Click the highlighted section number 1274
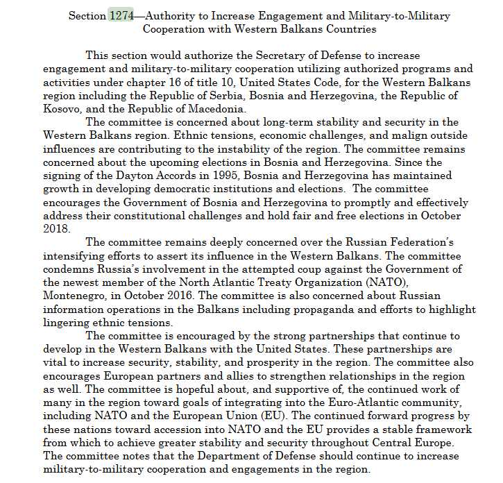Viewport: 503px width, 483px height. (x=121, y=16)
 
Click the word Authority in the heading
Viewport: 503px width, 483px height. (x=173, y=16)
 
